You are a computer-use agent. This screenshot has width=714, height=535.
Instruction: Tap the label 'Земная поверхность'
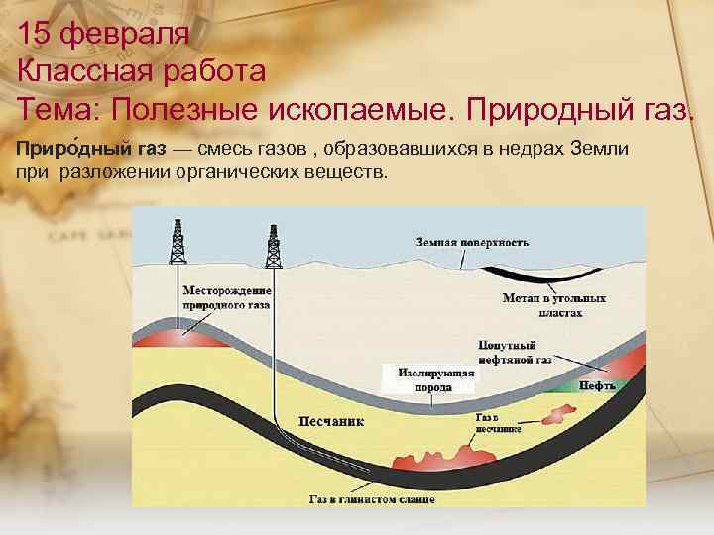tap(472, 242)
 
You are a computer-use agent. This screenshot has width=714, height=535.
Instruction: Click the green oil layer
tap(566, 384)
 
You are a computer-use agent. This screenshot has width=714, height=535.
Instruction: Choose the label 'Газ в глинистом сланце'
tap(371, 498)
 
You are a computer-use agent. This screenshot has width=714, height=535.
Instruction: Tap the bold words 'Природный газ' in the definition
tap(88, 150)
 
